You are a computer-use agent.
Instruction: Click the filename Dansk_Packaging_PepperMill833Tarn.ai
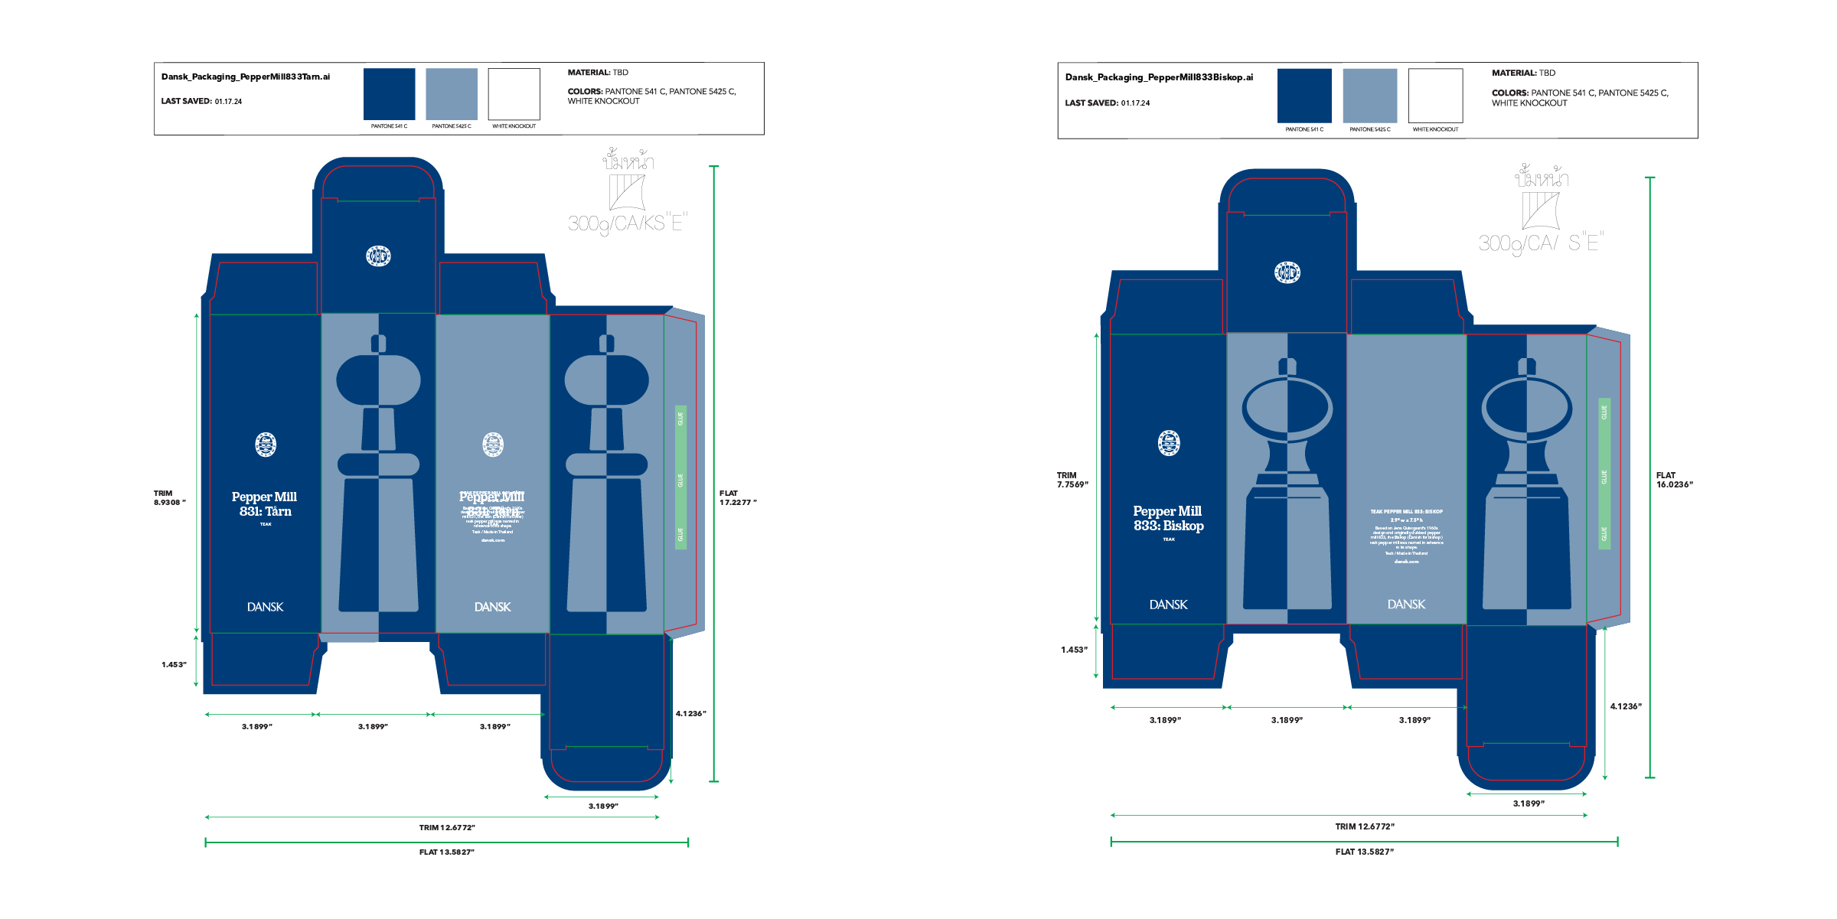[246, 77]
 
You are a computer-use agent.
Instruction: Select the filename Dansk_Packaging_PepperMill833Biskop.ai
[1159, 77]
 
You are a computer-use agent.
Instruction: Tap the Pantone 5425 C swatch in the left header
[452, 94]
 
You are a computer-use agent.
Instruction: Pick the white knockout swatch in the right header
[1435, 96]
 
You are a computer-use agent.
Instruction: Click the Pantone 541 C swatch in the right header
[1304, 96]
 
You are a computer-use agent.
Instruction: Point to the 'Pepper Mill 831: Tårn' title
[265, 504]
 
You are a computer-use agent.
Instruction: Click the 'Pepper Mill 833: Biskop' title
[1168, 518]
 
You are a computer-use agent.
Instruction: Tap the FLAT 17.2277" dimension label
[737, 498]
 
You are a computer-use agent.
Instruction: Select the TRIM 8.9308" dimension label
[169, 498]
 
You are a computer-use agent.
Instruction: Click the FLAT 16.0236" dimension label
[1675, 480]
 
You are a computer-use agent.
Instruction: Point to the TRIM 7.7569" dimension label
[1072, 480]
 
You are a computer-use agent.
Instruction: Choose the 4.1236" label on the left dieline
[690, 714]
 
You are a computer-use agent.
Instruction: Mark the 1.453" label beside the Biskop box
[1074, 650]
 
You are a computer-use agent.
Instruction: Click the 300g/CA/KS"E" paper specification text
[628, 223]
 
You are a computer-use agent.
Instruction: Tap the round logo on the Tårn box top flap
[378, 256]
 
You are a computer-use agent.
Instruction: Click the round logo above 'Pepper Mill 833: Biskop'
[1169, 443]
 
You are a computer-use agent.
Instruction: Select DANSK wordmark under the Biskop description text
[1406, 605]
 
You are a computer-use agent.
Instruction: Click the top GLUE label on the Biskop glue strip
[1604, 412]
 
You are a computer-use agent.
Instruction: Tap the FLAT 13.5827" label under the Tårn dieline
[447, 852]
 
